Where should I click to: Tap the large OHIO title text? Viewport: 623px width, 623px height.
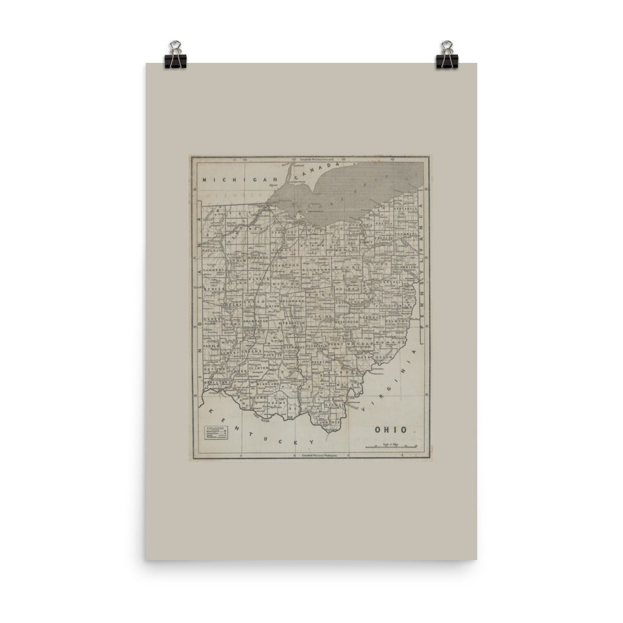click(391, 429)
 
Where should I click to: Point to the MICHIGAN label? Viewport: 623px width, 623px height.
click(240, 180)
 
